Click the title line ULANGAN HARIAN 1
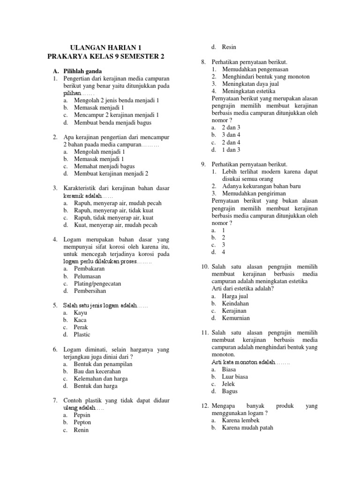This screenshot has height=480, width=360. pyautogui.click(x=105, y=48)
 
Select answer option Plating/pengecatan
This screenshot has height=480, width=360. pyautogui.click(x=97, y=284)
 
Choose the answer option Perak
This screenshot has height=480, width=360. pyautogui.click(x=81, y=327)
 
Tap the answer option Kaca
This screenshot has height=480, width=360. pyautogui.click(x=80, y=320)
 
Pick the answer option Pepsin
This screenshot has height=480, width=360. pyautogui.click(x=82, y=415)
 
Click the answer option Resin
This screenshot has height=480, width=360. pyautogui.click(x=229, y=47)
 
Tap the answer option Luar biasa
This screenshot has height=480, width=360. pyautogui.click(x=235, y=376)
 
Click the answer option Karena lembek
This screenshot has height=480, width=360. pyautogui.click(x=240, y=420)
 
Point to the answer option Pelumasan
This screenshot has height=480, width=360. pyautogui.click(x=87, y=277)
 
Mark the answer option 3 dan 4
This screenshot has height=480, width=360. pyautogui.click(x=231, y=135)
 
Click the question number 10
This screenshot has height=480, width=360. pyautogui.click(x=205, y=267)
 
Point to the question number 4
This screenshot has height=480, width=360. pyautogui.click(x=55, y=240)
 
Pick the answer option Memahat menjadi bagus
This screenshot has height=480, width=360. pyautogui.click(x=104, y=166)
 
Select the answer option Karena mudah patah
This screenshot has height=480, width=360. pyautogui.click(x=247, y=427)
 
